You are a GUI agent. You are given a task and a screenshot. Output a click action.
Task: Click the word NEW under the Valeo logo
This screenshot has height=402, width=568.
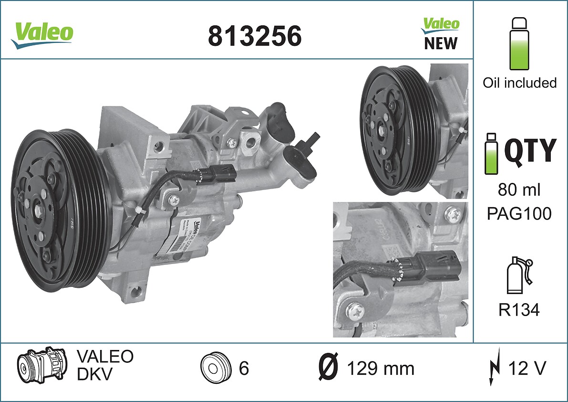coord(440,43)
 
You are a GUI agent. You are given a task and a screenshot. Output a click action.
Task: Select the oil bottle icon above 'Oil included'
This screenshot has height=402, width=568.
coord(519,44)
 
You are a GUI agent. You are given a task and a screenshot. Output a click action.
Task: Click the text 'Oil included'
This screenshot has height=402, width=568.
coord(519,83)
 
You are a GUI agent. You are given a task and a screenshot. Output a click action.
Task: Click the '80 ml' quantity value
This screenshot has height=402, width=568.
coord(519,190)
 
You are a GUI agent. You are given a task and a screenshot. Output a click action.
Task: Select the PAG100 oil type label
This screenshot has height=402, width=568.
coord(519,213)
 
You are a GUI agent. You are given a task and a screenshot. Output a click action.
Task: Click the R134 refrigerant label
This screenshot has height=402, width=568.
coord(519,310)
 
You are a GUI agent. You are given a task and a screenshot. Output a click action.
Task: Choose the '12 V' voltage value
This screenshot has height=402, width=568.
coord(527,368)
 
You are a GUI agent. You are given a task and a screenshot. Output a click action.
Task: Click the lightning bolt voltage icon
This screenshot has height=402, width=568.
coord(495,368)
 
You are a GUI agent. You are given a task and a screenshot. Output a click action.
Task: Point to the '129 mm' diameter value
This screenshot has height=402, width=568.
coord(380,369)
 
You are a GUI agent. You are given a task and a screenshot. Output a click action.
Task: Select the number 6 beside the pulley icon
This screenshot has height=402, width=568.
coord(244,369)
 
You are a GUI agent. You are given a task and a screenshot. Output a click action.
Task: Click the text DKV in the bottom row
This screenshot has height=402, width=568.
coord(94,374)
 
